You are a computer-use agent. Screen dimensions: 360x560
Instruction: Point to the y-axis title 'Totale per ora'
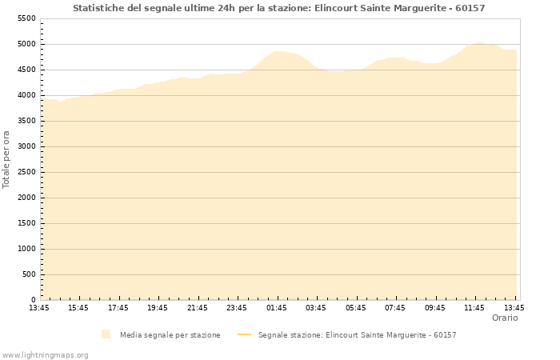[x=7, y=158]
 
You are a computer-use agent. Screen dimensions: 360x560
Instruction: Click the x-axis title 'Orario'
[x=504, y=318]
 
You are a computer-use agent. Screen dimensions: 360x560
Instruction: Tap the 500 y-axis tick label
[x=29, y=274]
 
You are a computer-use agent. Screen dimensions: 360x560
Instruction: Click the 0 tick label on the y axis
[x=34, y=300]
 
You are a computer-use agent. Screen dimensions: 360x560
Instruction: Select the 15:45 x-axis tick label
[x=78, y=307]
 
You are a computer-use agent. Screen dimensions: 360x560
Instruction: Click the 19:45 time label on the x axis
[x=158, y=307]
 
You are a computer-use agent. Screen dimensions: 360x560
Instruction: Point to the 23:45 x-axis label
[x=237, y=307]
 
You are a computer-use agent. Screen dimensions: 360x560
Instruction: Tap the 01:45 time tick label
[x=277, y=307]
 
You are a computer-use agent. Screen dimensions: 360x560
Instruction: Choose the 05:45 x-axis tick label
[x=356, y=307]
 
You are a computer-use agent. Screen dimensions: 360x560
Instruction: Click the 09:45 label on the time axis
[x=435, y=307]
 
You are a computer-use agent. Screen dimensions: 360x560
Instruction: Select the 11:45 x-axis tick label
[x=474, y=307]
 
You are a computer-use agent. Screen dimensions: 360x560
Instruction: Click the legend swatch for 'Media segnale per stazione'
[x=106, y=334]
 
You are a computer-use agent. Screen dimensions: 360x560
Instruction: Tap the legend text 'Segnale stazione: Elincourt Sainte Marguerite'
[x=357, y=334]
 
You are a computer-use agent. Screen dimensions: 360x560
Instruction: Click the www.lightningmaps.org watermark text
[x=46, y=354]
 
